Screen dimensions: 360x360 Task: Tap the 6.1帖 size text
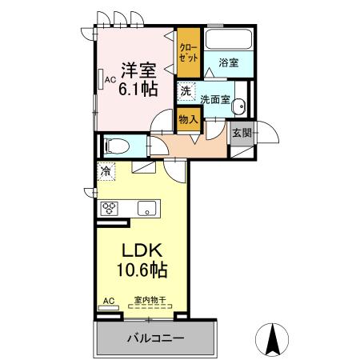pos(138,89)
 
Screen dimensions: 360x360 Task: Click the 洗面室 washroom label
pos(215,100)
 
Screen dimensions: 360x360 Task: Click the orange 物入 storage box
pos(189,119)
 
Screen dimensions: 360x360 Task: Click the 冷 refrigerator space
pos(106,170)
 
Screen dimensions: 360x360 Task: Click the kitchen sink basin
pos(148,209)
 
